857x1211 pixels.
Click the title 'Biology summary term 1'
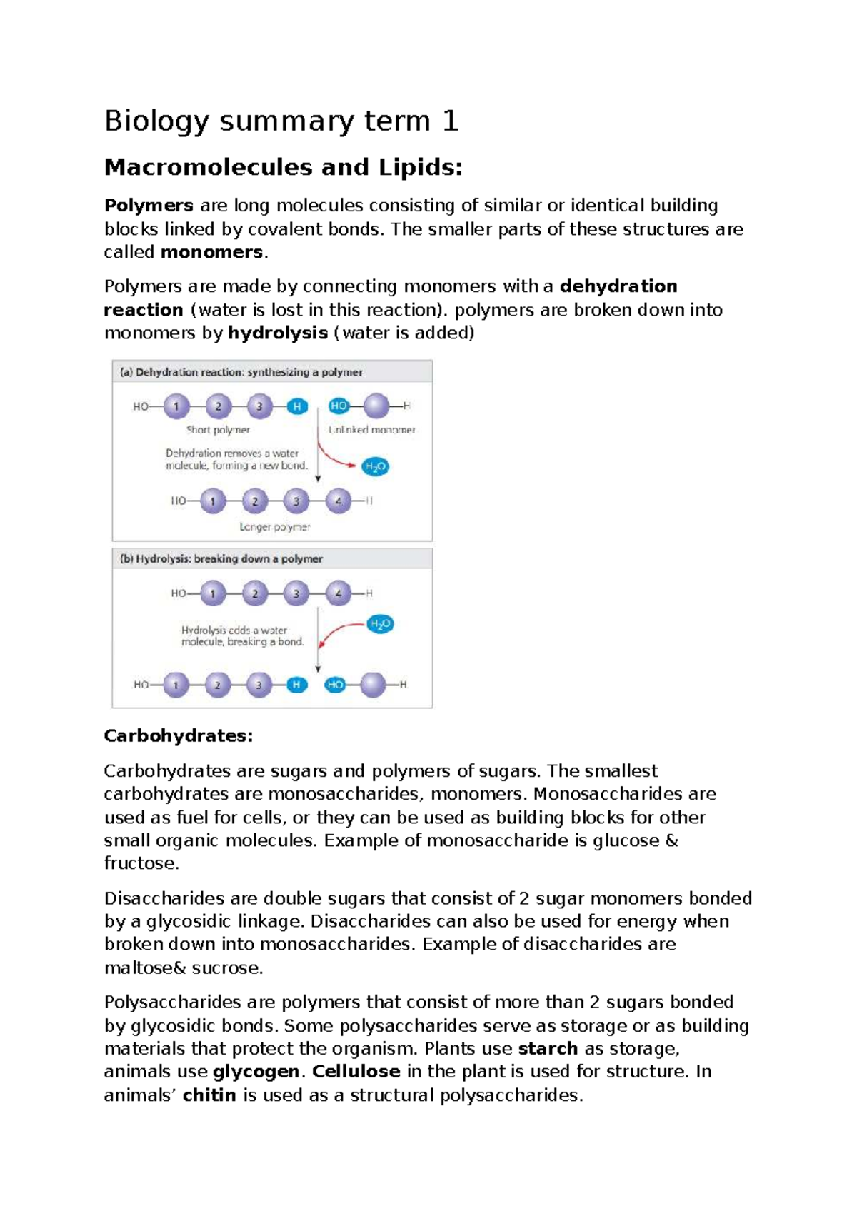281,121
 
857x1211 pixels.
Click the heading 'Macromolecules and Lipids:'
283,167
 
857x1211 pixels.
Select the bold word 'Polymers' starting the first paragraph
149,206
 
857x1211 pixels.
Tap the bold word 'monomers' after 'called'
211,252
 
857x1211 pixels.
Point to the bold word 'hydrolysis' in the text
277,333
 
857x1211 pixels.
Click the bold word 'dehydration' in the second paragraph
618,286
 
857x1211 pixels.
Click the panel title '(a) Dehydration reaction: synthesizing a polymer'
241,372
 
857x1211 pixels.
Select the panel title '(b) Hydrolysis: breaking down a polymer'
221,558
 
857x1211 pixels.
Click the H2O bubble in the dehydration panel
375,467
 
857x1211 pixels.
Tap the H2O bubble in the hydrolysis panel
380,624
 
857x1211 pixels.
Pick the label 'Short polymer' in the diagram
218,430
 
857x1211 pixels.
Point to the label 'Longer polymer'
274,527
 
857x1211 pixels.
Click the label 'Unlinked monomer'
371,430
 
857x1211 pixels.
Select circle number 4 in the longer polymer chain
339,501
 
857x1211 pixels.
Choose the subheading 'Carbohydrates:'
179,735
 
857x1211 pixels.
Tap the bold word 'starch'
548,1048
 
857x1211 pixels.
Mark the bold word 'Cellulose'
356,1072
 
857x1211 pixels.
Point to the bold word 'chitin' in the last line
209,1095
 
